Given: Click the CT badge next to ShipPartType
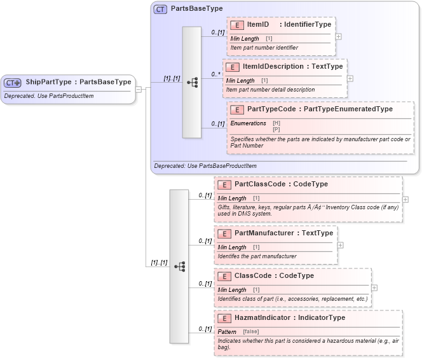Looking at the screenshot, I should [x=13, y=83].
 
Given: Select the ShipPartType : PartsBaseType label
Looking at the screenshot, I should [x=78, y=82].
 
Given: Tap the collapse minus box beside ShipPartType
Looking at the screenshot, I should [x=139, y=88].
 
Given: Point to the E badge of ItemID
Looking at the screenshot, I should [x=236, y=25].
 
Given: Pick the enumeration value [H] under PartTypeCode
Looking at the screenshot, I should [x=276, y=122].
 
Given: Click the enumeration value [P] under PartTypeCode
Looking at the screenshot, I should [x=276, y=128].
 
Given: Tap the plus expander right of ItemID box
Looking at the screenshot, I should [x=338, y=36].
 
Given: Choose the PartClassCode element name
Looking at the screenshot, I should [x=259, y=184].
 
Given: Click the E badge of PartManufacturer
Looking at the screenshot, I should [x=224, y=233].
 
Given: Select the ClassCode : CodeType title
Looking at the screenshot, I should [x=274, y=276].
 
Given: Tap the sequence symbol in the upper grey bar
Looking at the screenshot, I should [x=192, y=82].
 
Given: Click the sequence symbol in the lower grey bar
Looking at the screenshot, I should [x=179, y=267].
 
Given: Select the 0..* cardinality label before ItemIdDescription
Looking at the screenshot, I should [x=216, y=74].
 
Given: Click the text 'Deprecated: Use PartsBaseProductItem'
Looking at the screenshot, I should [x=205, y=166].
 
